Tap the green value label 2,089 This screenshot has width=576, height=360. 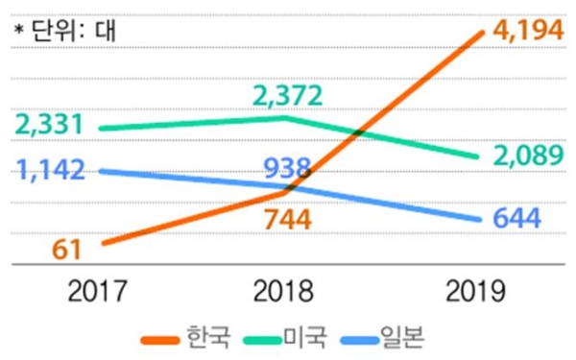coord(528,156)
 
